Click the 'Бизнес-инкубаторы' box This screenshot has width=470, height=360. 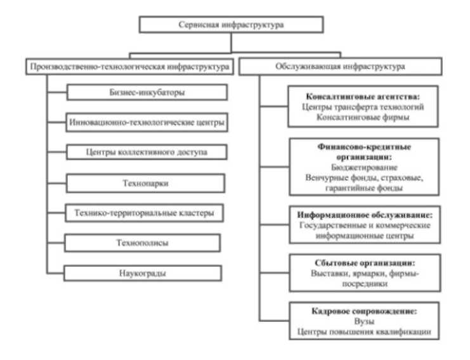(x=146, y=93)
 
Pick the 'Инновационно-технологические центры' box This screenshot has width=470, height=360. (x=146, y=122)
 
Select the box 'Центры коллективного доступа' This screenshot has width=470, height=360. (x=146, y=153)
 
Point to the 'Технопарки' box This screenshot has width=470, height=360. (x=146, y=184)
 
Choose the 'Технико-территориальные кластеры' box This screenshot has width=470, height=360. (x=146, y=214)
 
